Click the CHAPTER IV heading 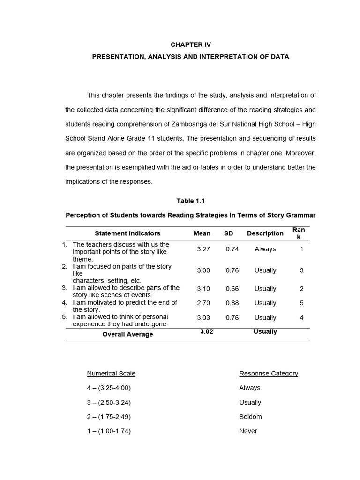[190, 45]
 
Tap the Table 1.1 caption [190, 201]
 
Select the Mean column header [202, 233]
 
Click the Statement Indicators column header [127, 233]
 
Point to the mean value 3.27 [203, 249]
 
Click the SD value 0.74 [232, 249]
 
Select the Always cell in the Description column [265, 249]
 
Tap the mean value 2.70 [203, 303]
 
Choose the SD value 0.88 [232, 303]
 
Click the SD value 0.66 [232, 289]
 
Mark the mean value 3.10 [203, 289]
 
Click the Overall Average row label [127, 334]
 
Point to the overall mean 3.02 [207, 331]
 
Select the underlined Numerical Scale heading [111, 374]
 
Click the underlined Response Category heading [269, 374]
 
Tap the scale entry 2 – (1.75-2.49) [109, 417]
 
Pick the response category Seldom [250, 417]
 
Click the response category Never [248, 431]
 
